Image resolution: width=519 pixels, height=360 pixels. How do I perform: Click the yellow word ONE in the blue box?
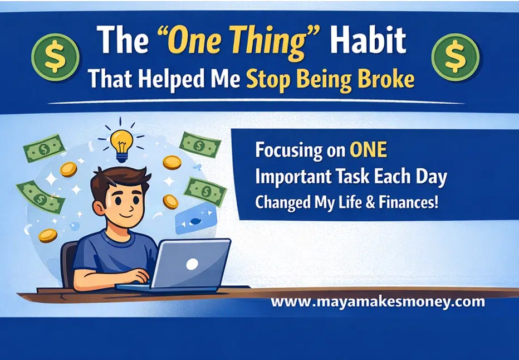368,150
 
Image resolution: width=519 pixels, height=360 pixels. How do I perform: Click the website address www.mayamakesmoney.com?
378,303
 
